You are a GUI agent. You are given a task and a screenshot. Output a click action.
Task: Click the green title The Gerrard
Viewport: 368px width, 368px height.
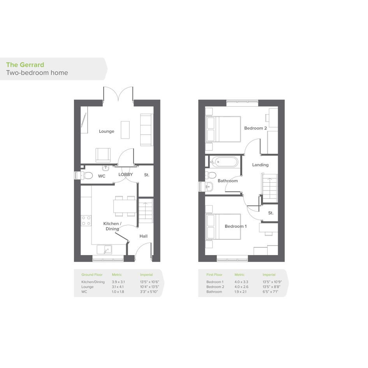pos(25,65)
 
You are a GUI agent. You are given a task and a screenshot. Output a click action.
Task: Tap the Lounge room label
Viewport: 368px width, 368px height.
pos(107,131)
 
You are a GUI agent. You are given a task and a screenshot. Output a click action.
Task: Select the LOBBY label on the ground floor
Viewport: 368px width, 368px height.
pos(125,174)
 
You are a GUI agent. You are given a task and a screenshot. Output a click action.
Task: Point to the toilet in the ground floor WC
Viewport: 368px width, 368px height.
pos(86,175)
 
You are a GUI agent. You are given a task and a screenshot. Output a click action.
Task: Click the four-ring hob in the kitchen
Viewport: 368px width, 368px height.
pos(86,221)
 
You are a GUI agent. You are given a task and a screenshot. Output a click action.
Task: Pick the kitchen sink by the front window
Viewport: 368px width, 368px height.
pos(104,250)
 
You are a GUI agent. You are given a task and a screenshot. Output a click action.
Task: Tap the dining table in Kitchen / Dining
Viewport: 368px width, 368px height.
pos(125,206)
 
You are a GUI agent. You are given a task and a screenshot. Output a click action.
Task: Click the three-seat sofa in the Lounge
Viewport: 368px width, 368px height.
pos(147,130)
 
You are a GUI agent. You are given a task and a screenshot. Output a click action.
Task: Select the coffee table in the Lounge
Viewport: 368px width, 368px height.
pos(125,130)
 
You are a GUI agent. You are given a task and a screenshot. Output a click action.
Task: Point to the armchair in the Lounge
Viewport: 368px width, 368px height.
pos(103,155)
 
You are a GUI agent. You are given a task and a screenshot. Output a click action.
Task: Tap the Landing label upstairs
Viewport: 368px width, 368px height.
pos(260,165)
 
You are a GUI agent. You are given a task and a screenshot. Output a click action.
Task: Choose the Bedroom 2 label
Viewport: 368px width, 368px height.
pos(255,128)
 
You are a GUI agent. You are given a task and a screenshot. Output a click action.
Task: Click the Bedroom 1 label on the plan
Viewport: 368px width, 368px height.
pos(236,226)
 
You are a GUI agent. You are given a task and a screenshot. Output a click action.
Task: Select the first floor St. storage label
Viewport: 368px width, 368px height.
pos(271,213)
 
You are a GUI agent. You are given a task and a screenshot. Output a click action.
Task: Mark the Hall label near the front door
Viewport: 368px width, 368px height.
pos(143,236)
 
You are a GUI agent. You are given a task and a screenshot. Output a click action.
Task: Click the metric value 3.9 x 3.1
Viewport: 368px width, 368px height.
pos(118,282)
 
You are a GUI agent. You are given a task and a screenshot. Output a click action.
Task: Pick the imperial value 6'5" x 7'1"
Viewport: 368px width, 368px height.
pos(270,292)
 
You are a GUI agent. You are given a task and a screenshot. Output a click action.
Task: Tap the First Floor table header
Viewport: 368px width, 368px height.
pos(214,275)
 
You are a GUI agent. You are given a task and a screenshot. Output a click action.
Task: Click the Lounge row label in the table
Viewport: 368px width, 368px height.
pos(87,287)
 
